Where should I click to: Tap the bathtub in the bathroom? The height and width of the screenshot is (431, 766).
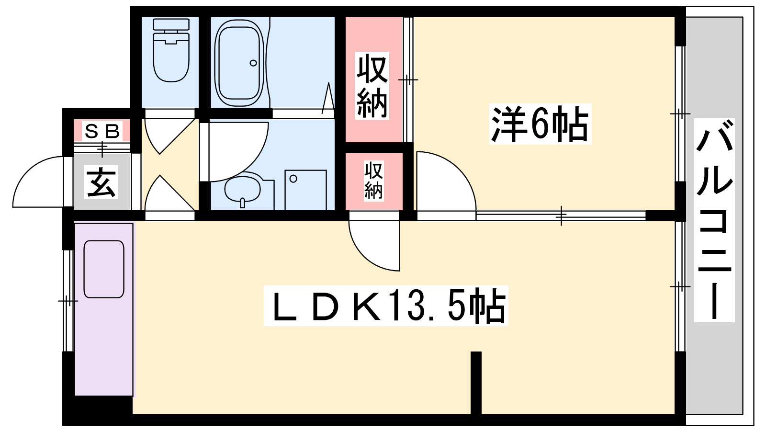[x=239, y=63]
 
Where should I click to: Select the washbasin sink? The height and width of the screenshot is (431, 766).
[x=243, y=189]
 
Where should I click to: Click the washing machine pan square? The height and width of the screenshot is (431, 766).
[x=305, y=190]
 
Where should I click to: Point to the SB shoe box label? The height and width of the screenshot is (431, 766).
[x=102, y=131]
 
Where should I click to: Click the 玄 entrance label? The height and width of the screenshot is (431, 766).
[x=101, y=182]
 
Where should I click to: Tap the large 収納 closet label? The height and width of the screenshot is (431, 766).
[x=372, y=86]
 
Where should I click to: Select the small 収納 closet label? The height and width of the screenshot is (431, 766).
[x=373, y=181]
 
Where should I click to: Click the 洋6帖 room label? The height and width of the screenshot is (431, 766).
[x=540, y=124]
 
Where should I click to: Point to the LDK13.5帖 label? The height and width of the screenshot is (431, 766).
[x=386, y=306]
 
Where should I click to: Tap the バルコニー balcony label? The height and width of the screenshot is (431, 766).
[x=714, y=220]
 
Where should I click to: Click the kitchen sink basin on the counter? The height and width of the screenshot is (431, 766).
[x=104, y=269]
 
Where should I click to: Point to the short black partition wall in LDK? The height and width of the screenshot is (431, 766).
[x=476, y=383]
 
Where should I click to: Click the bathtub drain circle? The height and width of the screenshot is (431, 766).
[x=253, y=63]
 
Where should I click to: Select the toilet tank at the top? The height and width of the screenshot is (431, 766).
[x=171, y=24]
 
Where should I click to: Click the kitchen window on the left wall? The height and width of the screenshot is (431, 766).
[x=68, y=301]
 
